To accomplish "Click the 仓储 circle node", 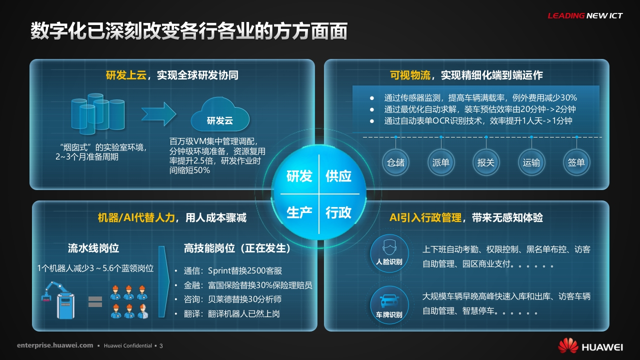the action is pyautogui.click(x=395, y=162).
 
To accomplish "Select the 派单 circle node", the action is pyautogui.click(x=441, y=162).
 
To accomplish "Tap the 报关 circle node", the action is pyautogui.click(x=486, y=162).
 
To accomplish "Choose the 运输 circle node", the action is pyautogui.click(x=531, y=162).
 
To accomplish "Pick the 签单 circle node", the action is pyautogui.click(x=576, y=162).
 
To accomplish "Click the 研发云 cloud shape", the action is pyautogui.click(x=220, y=115).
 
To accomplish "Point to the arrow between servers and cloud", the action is pyautogui.click(x=158, y=114).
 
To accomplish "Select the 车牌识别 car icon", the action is pyautogui.click(x=389, y=305).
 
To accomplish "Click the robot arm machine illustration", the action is pyautogui.click(x=58, y=300).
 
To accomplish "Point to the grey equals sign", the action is pyautogui.click(x=95, y=301).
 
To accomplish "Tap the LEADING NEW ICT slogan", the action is pyautogui.click(x=585, y=15).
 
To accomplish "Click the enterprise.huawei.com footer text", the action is pyautogui.click(x=55, y=345).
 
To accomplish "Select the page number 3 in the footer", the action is pyautogui.click(x=161, y=346).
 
